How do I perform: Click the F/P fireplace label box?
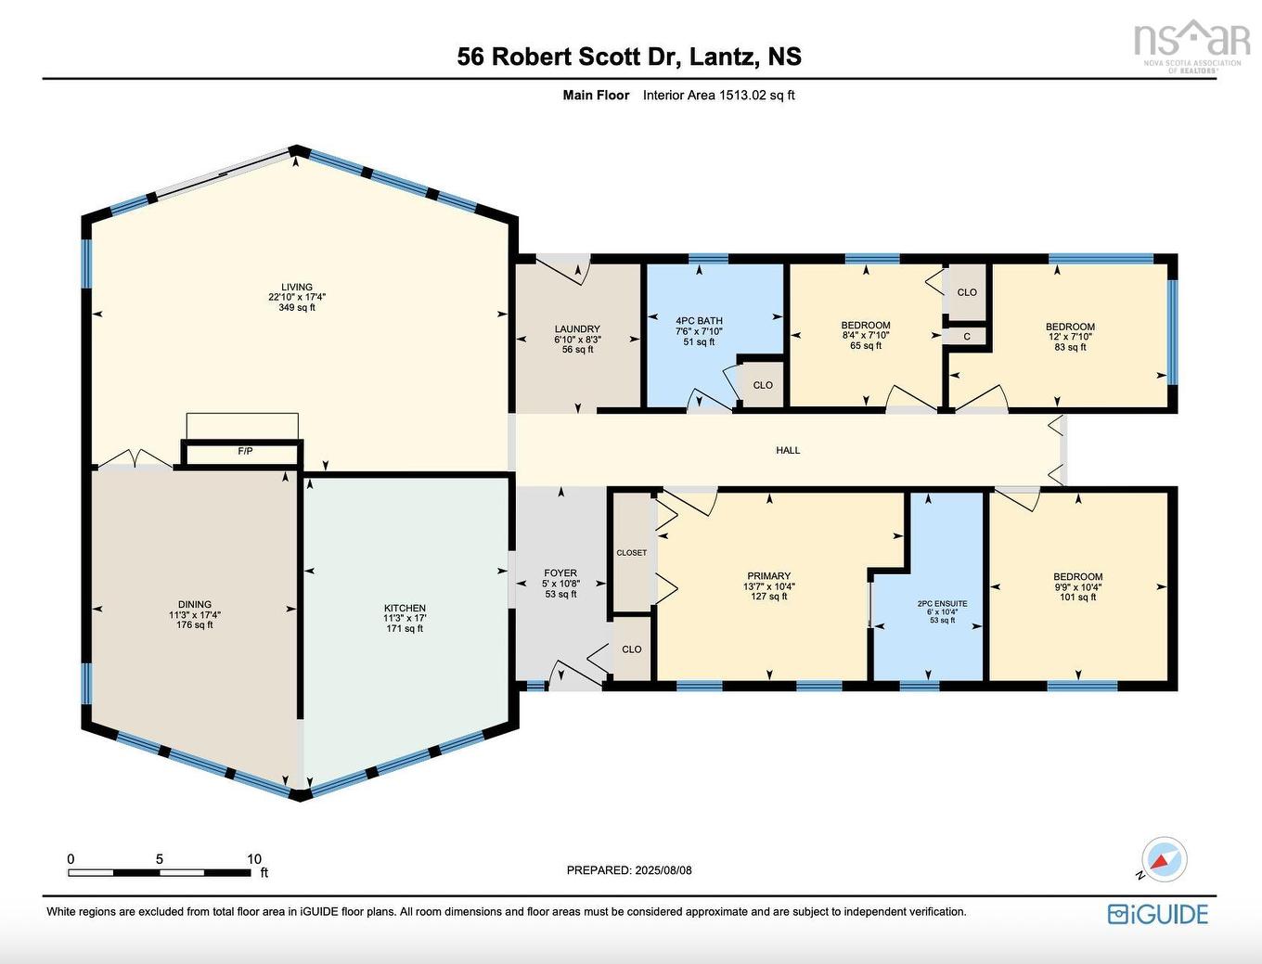[x=245, y=452]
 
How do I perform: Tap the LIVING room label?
[x=297, y=287]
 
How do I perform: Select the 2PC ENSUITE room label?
[x=942, y=604]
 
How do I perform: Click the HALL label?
[x=788, y=450]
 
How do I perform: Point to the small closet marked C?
[x=967, y=337]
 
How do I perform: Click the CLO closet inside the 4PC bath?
[x=763, y=385]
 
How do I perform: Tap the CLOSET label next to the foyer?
[x=632, y=553]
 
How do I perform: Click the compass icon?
[x=1164, y=859]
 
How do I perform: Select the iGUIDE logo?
[x=1158, y=914]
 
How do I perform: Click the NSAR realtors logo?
[x=1191, y=42]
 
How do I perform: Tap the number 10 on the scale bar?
[x=254, y=859]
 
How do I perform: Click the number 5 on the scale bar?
[x=160, y=859]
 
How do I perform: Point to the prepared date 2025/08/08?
[x=663, y=870]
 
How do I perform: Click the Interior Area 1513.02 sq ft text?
[x=719, y=95]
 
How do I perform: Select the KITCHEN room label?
[x=405, y=608]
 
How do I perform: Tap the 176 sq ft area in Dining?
[x=195, y=625]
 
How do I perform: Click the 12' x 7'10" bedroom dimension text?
[x=1070, y=337]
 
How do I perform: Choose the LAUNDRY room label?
[x=577, y=328]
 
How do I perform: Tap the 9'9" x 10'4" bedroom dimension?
[x=1077, y=587]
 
